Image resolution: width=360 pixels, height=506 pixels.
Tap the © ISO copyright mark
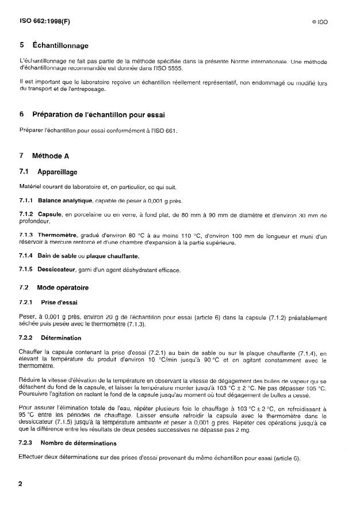tap(319, 22)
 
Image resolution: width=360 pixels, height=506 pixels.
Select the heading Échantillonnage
tap(64, 45)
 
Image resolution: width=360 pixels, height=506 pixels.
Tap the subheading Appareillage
tap(57, 171)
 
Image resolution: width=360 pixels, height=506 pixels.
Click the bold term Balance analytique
tap(65, 200)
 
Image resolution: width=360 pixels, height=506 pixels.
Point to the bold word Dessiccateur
tap(60, 270)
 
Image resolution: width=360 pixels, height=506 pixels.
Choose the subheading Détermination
tap(60, 338)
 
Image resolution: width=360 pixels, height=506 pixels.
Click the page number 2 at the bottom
tap(21, 484)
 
